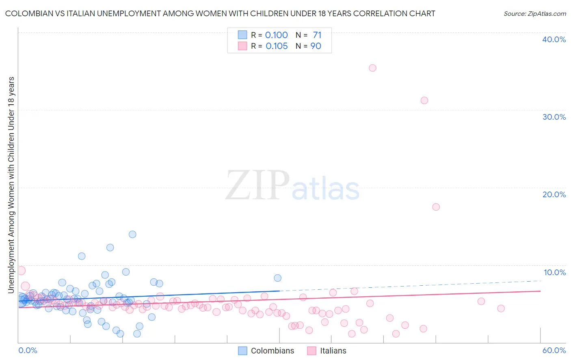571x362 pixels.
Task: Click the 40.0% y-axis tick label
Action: click(x=554, y=39)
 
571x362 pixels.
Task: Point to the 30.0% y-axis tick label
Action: click(x=554, y=117)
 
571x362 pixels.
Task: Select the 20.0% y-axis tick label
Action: click(x=554, y=194)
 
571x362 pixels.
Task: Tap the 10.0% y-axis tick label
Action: click(x=554, y=272)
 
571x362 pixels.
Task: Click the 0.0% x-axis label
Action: click(x=28, y=350)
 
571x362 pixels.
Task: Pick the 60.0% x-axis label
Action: click(x=554, y=350)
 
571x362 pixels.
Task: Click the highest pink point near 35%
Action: click(x=372, y=68)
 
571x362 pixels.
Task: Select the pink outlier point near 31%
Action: click(x=424, y=100)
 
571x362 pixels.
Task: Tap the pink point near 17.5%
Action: click(x=436, y=207)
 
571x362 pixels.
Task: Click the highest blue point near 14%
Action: click(x=132, y=234)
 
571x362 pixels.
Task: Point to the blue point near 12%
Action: click(x=110, y=248)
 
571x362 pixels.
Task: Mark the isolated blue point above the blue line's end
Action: click(x=277, y=278)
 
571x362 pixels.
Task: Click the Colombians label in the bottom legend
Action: click(x=272, y=351)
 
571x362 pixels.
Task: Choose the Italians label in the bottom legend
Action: click(x=333, y=351)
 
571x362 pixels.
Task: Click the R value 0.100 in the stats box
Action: click(x=276, y=35)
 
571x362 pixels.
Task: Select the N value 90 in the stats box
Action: click(x=316, y=46)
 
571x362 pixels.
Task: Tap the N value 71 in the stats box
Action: click(x=317, y=35)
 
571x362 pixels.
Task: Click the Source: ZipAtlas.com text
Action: click(x=534, y=14)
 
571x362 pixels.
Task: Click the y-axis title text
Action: click(x=11, y=185)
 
